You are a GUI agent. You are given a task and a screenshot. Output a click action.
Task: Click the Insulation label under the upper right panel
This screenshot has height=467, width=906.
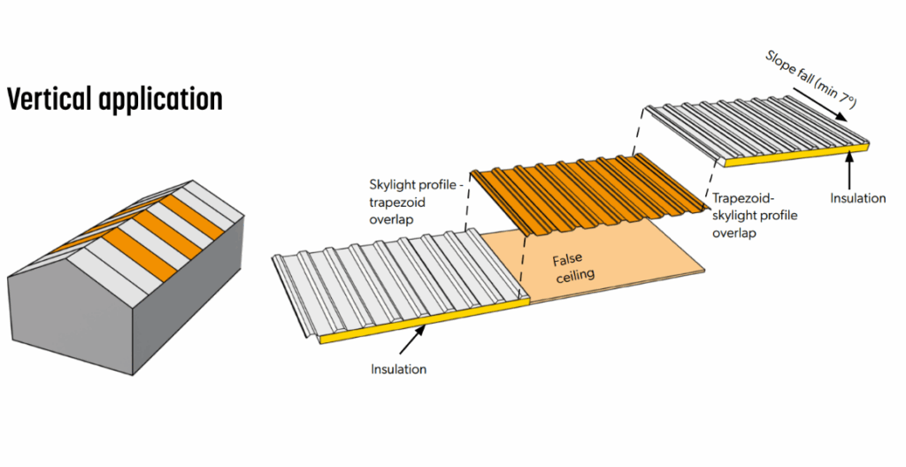tap(857, 198)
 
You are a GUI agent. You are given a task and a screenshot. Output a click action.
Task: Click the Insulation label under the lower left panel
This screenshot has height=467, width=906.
tap(398, 369)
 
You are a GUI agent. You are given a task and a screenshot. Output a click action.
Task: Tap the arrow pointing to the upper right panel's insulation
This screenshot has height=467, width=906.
tap(848, 168)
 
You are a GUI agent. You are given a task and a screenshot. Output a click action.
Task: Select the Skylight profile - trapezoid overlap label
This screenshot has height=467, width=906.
tap(411, 200)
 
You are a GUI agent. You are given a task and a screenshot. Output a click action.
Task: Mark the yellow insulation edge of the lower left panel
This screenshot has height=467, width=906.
tap(425, 322)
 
